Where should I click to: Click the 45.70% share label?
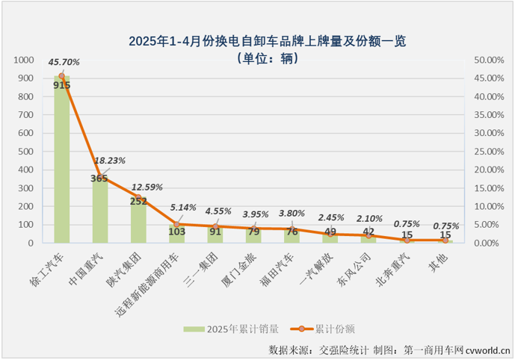[x=64, y=62]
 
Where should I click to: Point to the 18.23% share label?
[x=110, y=160]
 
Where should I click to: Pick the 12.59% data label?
[x=147, y=187]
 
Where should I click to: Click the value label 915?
[x=62, y=85]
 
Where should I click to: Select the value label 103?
[x=177, y=232]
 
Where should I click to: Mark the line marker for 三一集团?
[x=215, y=226]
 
